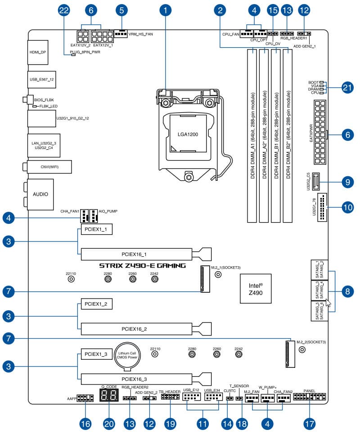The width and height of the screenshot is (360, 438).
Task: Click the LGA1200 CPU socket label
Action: tap(188, 134)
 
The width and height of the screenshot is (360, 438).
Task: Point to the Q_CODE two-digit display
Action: tap(108, 396)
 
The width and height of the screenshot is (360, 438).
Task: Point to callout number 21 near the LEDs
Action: tap(346, 88)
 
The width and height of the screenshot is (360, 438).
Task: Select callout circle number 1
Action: tap(166, 9)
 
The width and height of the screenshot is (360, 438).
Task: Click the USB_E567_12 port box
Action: tap(41, 79)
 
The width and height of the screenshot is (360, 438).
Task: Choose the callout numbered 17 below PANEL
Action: tap(310, 424)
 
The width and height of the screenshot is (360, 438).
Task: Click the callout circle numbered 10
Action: tap(346, 208)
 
